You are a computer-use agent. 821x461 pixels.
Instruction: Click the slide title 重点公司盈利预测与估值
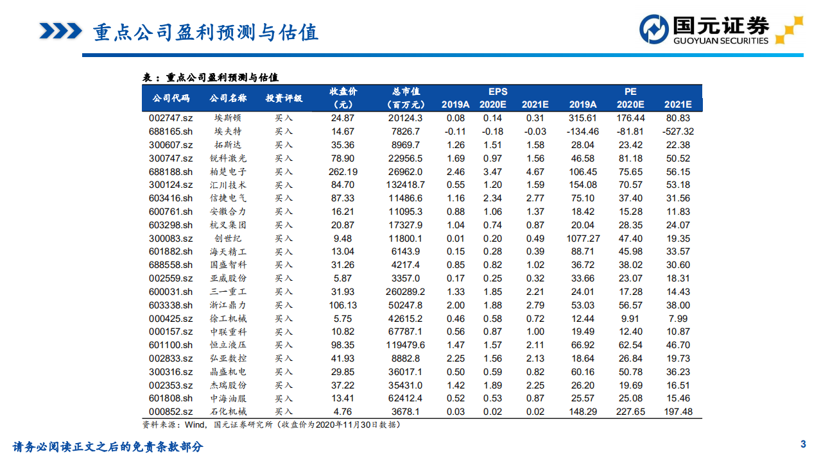click(x=205, y=31)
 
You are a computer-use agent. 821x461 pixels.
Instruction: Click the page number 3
click(x=802, y=444)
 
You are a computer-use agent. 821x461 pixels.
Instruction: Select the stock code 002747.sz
click(x=170, y=118)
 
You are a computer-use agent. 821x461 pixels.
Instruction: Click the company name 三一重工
click(x=228, y=292)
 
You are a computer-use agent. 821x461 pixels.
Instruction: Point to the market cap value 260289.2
click(x=405, y=292)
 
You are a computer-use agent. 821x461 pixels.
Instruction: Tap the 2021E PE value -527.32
click(x=678, y=131)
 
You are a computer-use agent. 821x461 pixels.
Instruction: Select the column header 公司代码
click(x=171, y=98)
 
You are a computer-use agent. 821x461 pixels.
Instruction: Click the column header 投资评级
click(x=284, y=98)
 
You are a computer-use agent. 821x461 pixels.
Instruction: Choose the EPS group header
click(x=497, y=92)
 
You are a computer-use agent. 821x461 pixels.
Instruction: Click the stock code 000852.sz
click(x=170, y=412)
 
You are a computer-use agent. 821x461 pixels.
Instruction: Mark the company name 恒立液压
click(x=228, y=345)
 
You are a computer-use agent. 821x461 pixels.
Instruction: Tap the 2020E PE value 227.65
click(x=630, y=412)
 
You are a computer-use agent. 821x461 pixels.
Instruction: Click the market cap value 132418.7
click(x=405, y=185)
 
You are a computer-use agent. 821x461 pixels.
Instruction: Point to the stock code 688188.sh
click(x=170, y=172)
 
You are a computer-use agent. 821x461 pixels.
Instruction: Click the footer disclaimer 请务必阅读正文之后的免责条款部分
click(x=108, y=447)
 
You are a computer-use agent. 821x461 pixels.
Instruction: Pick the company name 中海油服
click(x=228, y=398)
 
